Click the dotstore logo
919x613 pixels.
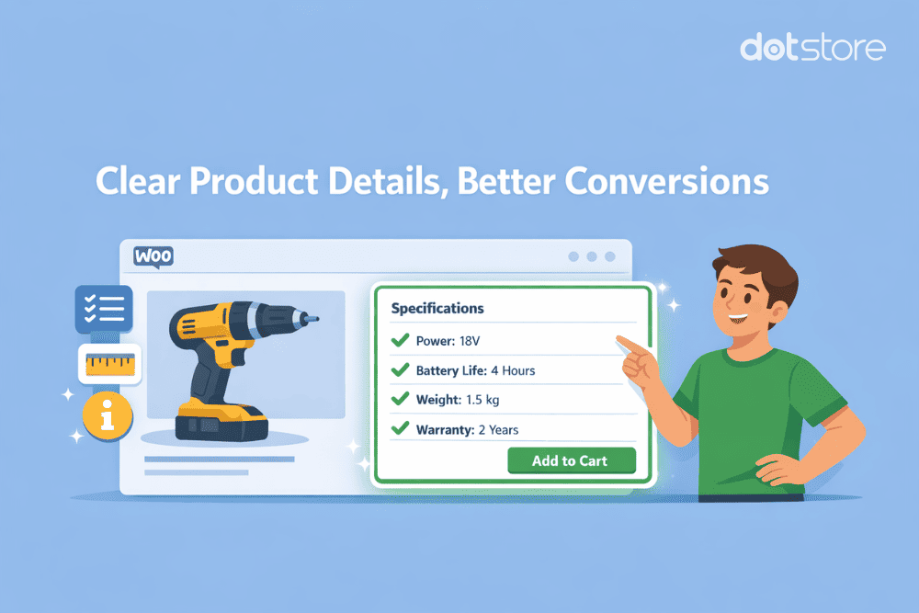812,47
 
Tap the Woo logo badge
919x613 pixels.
153,256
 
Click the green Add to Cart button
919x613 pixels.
570,460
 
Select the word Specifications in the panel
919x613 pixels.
437,309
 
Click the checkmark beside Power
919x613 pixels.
400,341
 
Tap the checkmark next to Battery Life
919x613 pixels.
400,370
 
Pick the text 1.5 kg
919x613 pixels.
482,400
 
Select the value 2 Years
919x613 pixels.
498,429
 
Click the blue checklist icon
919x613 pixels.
103,309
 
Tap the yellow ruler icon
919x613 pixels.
109,365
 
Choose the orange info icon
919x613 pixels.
108,418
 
